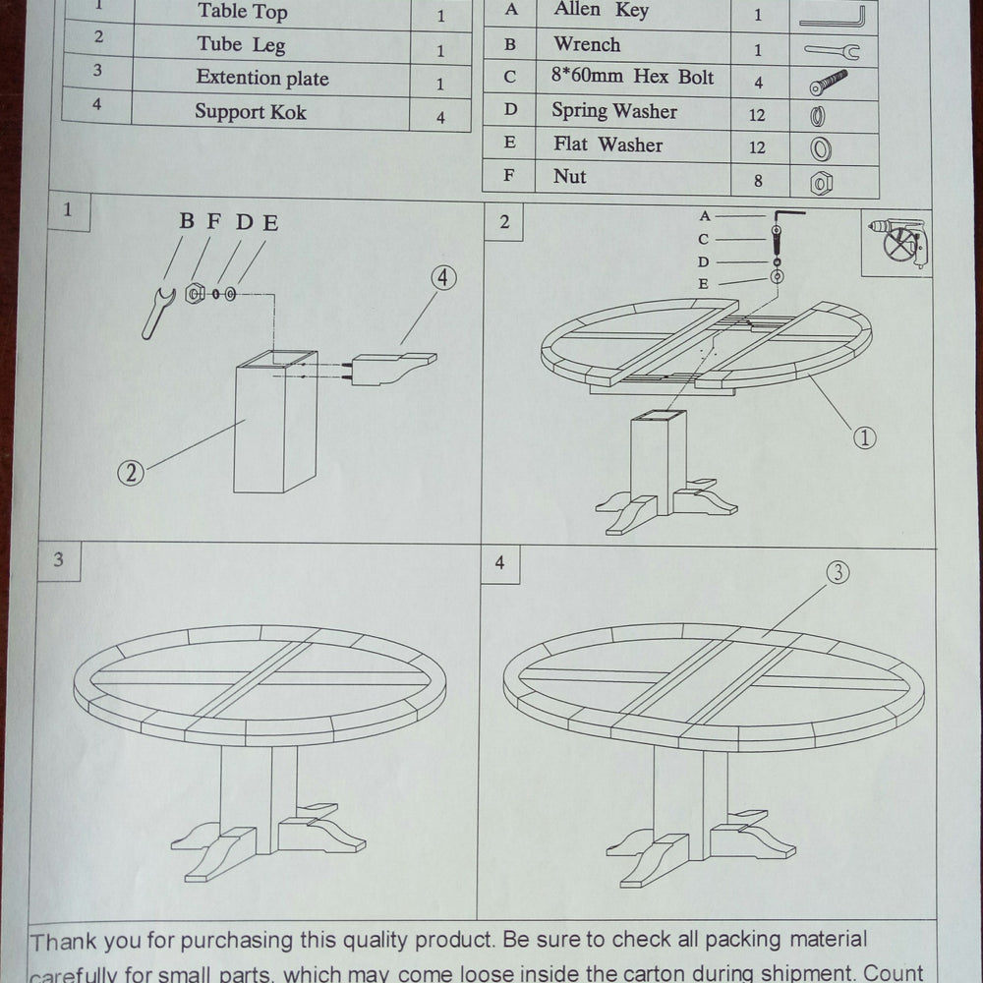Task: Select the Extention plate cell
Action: (x=261, y=79)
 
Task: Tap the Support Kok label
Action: (x=250, y=112)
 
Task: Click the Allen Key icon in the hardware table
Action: (x=832, y=17)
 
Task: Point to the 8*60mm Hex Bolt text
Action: (x=633, y=78)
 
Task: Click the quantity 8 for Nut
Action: (x=757, y=181)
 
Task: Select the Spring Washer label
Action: (x=613, y=111)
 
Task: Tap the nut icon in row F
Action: (x=821, y=182)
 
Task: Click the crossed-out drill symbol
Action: (x=896, y=242)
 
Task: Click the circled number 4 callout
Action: (x=443, y=278)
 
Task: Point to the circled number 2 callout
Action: (x=131, y=473)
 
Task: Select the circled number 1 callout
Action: (x=863, y=438)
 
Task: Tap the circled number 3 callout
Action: (x=837, y=573)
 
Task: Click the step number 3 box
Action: (x=59, y=560)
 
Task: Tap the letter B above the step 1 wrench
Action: (x=186, y=221)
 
